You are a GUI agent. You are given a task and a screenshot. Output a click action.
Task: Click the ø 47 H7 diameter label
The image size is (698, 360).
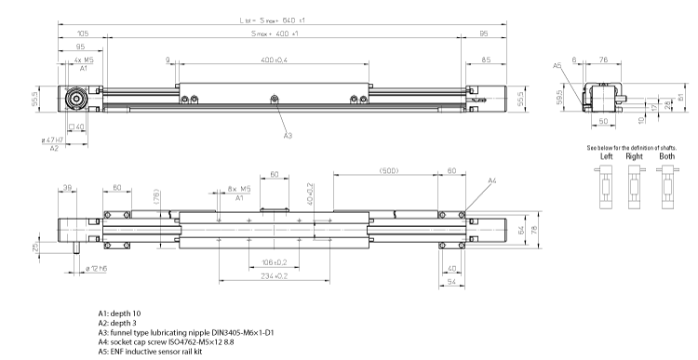[51, 140]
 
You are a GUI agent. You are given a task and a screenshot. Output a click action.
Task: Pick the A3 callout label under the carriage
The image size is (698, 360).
[289, 136]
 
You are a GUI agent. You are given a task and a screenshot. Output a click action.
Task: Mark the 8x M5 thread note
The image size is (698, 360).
[240, 188]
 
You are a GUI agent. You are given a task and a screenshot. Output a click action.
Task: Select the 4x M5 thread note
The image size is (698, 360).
[82, 60]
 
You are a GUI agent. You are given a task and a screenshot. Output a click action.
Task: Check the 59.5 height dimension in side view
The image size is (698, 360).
[558, 98]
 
